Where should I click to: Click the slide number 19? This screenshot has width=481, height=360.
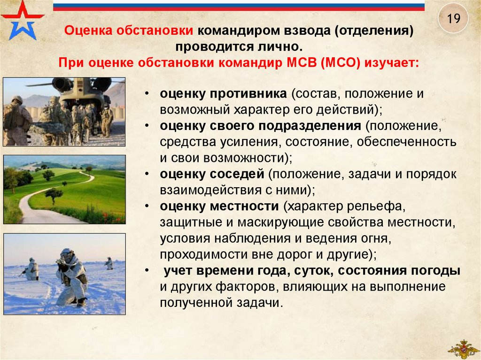pos(453,18)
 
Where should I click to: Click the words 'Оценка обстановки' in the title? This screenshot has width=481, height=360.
pos(129,31)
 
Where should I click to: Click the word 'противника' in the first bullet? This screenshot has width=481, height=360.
pos(248,94)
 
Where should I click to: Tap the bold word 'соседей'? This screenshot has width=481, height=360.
pos(237,174)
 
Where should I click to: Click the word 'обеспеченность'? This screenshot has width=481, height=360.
pos(406,142)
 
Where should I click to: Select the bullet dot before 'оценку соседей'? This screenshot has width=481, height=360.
pos(147,174)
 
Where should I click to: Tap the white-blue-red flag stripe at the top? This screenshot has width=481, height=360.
pos(239,6)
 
